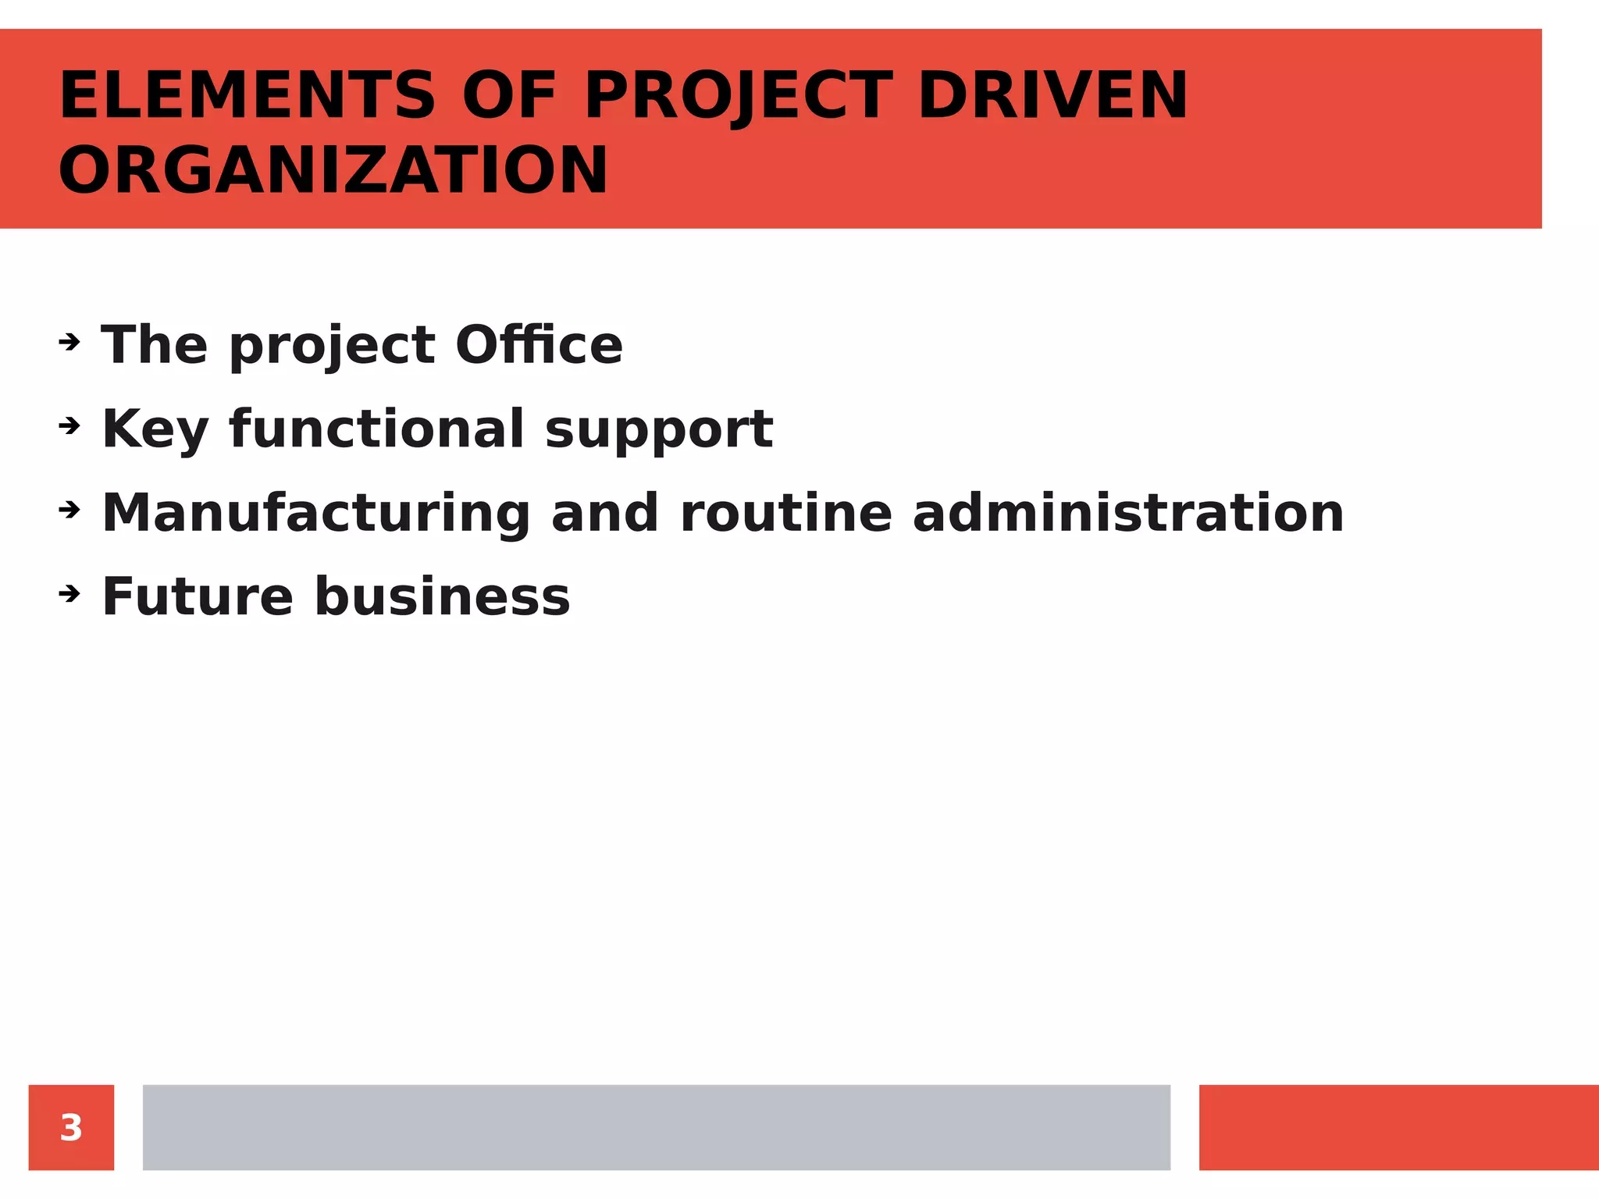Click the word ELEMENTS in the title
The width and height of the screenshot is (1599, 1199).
(x=247, y=96)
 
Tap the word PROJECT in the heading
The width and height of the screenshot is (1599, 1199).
(x=738, y=96)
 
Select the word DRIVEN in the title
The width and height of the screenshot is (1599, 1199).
(x=1052, y=96)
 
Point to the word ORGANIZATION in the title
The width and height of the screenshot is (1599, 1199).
(x=333, y=171)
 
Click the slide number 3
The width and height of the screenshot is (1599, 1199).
(x=71, y=1127)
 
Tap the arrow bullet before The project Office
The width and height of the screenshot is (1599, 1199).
(x=69, y=342)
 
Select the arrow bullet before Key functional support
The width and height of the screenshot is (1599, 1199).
(x=69, y=426)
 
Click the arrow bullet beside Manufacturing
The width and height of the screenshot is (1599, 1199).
(x=69, y=511)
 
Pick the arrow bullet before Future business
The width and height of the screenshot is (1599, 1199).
(x=69, y=595)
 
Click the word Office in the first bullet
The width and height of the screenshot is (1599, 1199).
(x=539, y=345)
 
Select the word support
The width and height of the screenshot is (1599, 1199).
(x=658, y=431)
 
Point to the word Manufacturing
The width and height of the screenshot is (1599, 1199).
(x=316, y=514)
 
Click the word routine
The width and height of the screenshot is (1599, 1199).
(x=785, y=514)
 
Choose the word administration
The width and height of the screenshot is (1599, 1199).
(x=1127, y=514)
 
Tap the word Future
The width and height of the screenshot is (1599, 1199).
(x=198, y=597)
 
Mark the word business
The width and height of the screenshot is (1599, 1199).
(x=442, y=597)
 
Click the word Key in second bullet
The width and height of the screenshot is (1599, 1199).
(x=155, y=429)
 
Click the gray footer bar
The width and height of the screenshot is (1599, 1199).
(x=656, y=1127)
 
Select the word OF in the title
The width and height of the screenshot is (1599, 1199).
(x=508, y=96)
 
